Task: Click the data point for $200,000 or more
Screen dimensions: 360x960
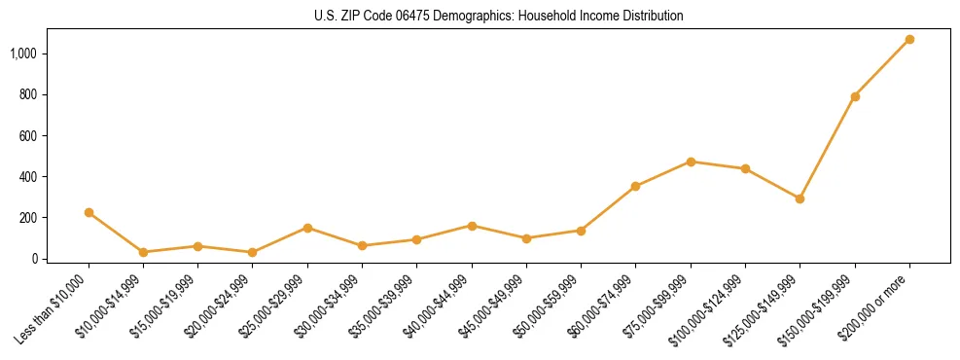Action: pos(909,40)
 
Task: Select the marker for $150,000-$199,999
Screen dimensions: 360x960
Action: pos(855,96)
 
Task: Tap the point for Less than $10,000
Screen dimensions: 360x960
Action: pos(89,212)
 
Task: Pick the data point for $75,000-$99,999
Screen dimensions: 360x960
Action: pos(691,162)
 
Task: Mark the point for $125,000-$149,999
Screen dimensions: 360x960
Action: pos(800,198)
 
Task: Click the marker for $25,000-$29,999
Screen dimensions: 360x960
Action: pos(308,228)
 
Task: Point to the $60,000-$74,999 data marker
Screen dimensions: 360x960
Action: pos(636,186)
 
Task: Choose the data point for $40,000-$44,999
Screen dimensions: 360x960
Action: pos(472,226)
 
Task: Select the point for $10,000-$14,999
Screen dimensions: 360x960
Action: pos(144,252)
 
